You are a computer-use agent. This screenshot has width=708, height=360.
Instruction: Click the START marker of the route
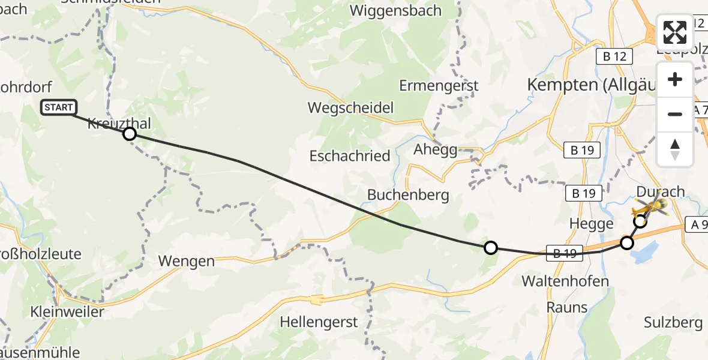59,107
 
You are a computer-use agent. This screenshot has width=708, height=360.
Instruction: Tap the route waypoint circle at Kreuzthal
130,134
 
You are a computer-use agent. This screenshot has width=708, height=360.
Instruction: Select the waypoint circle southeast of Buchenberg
491,247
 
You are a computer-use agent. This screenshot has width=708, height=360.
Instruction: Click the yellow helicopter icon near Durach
653,208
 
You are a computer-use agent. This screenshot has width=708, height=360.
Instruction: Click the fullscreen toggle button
675,33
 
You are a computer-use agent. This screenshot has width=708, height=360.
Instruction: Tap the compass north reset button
675,149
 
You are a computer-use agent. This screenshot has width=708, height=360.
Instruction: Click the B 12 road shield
614,56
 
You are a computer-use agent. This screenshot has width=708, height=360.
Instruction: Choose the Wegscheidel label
350,108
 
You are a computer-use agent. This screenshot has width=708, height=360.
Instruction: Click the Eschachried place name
350,156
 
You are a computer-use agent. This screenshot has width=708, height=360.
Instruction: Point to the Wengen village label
186,261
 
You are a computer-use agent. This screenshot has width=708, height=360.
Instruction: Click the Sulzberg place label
673,323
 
